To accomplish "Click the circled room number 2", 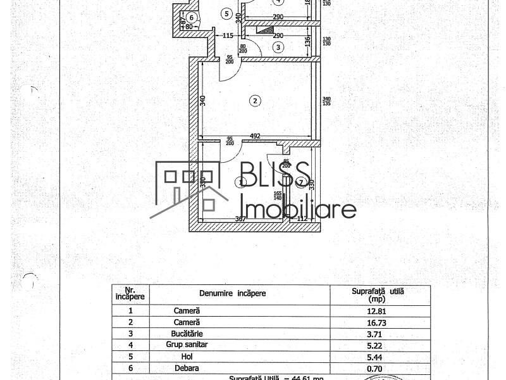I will click(254, 100).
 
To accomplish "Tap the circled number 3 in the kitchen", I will click(278, 47).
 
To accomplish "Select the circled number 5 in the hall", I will click(225, 13).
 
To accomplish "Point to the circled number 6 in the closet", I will click(191, 17).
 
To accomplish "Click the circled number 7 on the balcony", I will click(300, 183).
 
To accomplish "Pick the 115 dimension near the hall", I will click(228, 35).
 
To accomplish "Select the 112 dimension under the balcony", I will click(302, 219).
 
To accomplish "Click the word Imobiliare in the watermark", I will click(299, 208).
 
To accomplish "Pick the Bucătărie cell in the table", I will click(187, 333).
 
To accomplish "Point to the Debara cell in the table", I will click(187, 367).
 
